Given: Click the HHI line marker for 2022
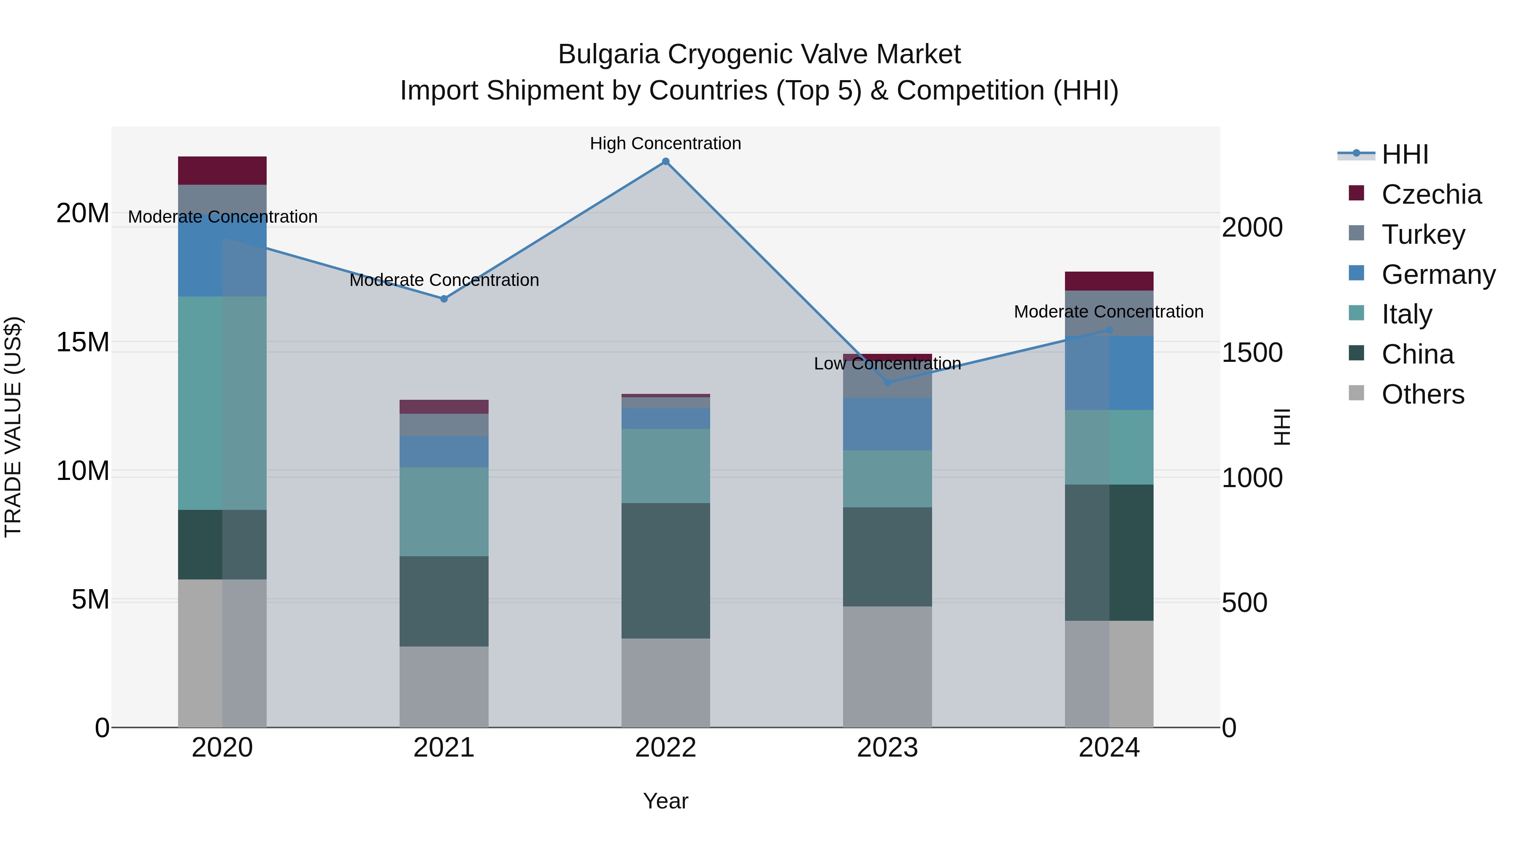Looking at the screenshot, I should click(x=666, y=162).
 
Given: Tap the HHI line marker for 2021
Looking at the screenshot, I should click(x=444, y=299).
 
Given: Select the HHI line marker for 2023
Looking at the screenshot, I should click(x=887, y=383).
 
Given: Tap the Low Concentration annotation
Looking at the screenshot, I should click(x=887, y=364).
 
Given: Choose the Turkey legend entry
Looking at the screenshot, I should click(x=1422, y=234).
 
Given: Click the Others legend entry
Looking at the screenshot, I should click(x=1422, y=394).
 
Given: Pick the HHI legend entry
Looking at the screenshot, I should click(x=1405, y=154).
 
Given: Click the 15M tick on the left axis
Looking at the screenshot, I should click(x=83, y=342).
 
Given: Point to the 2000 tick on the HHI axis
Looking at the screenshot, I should click(x=1252, y=227).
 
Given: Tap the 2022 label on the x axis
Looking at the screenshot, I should click(x=666, y=748).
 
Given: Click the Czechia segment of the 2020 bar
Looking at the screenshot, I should click(x=222, y=171).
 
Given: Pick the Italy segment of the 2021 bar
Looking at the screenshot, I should click(x=444, y=512).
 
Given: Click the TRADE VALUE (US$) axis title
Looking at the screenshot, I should click(x=13, y=427).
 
